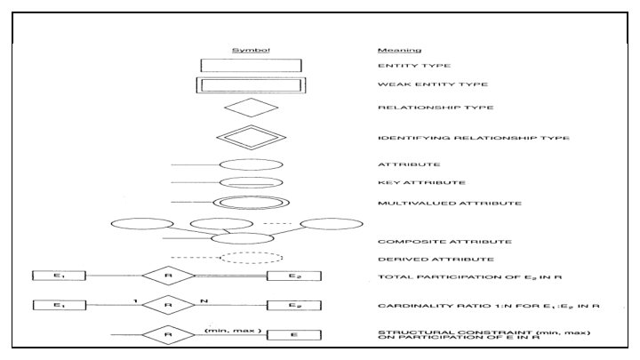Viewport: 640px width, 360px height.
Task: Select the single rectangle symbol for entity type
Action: (249, 66)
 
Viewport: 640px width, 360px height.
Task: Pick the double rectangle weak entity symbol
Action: (249, 86)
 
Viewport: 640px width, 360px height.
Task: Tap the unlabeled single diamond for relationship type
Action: (252, 109)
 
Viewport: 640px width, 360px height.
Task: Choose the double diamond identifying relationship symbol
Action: (252, 138)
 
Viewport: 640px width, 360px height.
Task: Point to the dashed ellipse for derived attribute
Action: (251, 258)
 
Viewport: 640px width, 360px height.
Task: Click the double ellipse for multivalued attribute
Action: (251, 203)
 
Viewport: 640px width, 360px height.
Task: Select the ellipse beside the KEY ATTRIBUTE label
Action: (251, 183)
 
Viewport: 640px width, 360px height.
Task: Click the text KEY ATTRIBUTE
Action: (410, 183)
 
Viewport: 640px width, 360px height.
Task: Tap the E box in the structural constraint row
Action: (293, 335)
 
